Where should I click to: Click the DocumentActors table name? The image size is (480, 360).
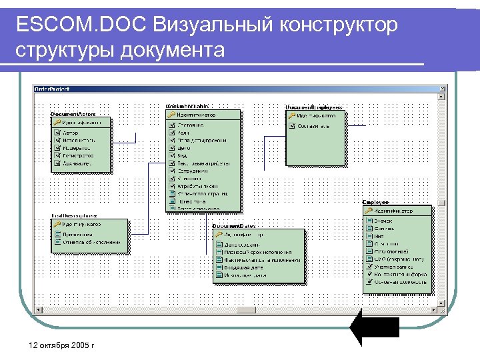(74, 114)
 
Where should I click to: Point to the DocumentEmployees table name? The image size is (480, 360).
(314, 107)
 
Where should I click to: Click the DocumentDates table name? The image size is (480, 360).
(233, 226)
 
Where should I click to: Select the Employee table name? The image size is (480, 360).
(375, 202)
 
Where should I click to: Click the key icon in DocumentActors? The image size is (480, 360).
(57, 123)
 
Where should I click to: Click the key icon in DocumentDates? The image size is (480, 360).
(219, 235)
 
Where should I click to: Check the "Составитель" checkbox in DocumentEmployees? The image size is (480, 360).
(292, 125)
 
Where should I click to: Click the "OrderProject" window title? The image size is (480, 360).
(53, 88)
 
